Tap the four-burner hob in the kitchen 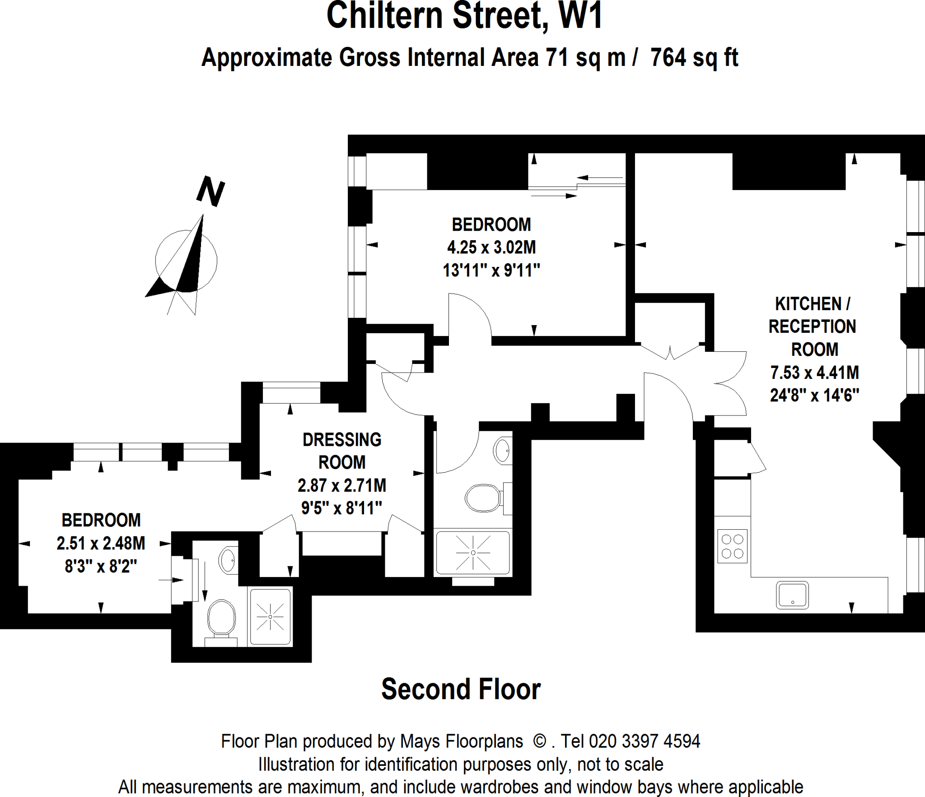(x=732, y=546)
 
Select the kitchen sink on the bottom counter (x=792, y=595)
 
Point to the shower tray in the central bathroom (x=473, y=553)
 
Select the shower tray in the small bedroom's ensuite (x=270, y=616)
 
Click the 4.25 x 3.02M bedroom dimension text (x=491, y=247)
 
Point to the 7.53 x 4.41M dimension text (x=814, y=373)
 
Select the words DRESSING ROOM (x=342, y=451)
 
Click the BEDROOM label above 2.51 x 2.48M (x=101, y=520)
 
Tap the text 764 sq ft (x=694, y=58)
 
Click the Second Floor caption (x=461, y=689)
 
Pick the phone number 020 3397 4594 (x=645, y=741)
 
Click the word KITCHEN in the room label (x=808, y=304)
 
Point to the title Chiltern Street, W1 (x=464, y=16)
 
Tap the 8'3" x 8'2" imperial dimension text (x=101, y=566)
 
